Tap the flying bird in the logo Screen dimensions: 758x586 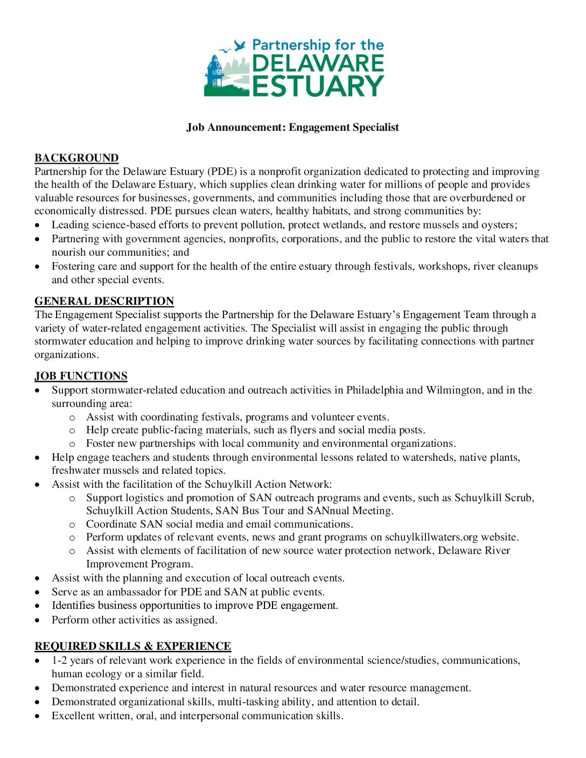pos(240,45)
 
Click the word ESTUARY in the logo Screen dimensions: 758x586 pos(318,86)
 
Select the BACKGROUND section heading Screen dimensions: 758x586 pos(76,158)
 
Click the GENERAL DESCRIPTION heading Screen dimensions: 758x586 pos(104,301)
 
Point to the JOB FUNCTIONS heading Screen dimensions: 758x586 pos(81,376)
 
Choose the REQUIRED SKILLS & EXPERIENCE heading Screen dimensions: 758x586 pos(132,646)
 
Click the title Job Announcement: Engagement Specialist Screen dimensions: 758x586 pos(292,127)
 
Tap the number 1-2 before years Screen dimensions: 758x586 pos(59,661)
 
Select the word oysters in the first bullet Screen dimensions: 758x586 pos(499,225)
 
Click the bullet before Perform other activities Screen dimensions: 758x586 pos(37,620)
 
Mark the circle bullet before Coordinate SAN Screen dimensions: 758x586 pos(72,524)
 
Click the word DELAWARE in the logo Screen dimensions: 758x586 pos(318,64)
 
